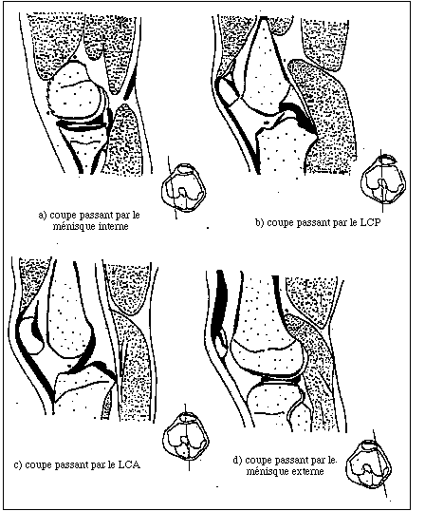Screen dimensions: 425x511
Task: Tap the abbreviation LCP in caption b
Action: (x=371, y=222)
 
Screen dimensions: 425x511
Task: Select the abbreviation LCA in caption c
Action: (x=129, y=464)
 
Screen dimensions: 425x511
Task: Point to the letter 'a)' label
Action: (x=43, y=216)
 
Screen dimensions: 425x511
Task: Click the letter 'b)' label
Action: (x=259, y=223)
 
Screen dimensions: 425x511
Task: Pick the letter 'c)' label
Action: (x=18, y=465)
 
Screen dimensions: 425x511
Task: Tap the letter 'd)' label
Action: (x=237, y=461)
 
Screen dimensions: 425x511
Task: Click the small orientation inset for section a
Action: (x=183, y=187)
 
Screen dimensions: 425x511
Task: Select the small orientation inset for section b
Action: (x=383, y=180)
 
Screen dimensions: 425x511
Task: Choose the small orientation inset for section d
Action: (x=369, y=464)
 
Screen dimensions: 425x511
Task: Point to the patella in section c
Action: (x=30, y=336)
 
